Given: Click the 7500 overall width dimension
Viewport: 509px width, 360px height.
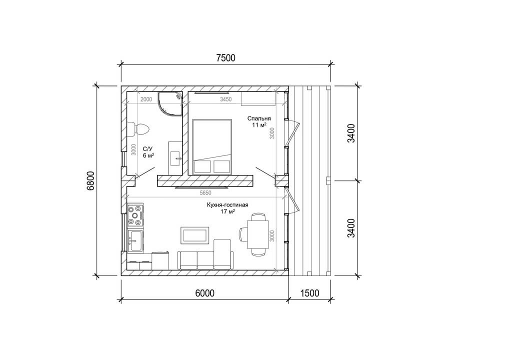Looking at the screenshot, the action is coord(225,58).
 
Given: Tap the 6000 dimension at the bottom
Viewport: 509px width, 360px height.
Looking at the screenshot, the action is coord(205,293).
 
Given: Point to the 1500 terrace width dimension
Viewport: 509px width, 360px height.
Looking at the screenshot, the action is coord(309,293).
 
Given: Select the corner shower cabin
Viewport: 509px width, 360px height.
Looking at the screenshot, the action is coord(170,103).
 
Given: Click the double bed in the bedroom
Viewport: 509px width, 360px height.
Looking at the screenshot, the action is coord(212,146).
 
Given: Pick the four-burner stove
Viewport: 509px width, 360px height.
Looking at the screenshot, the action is coord(135,214).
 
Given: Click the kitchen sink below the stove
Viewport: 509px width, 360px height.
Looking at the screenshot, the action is coord(135,240).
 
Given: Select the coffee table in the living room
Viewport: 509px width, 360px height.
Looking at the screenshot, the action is coord(195,235).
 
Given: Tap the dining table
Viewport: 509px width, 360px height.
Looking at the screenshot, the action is coord(258,234).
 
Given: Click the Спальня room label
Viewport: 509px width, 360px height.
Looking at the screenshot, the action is coord(258,118).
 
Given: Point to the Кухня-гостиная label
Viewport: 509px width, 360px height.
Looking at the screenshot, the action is coord(227,205).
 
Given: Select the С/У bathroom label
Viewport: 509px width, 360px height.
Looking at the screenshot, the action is coord(147,149).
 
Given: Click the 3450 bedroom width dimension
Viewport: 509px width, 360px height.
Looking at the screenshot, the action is coord(225,99).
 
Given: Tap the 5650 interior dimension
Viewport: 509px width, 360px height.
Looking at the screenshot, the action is coord(205,193).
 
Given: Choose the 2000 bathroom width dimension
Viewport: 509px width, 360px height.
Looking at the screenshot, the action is coord(146,99).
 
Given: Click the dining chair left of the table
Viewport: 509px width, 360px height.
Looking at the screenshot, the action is coord(243,234).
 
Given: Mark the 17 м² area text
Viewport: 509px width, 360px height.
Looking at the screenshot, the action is coord(227,211).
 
